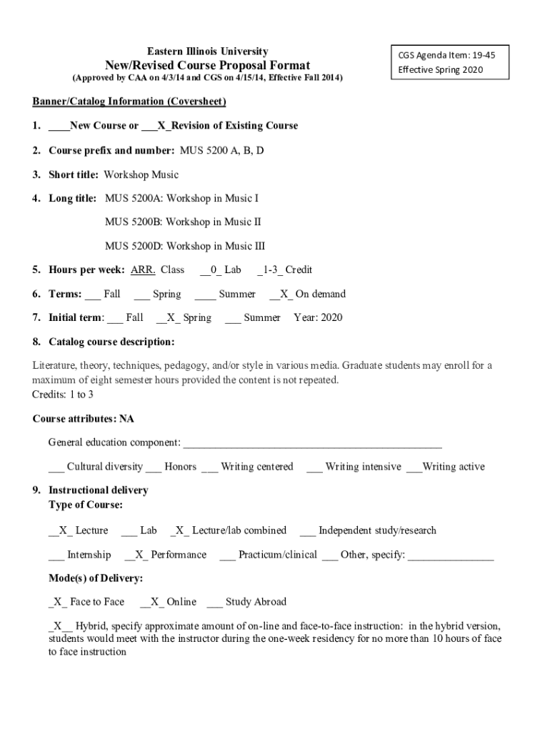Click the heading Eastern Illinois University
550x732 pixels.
click(x=207, y=51)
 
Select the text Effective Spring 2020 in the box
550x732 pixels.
click(x=441, y=69)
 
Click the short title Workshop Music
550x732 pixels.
click(x=141, y=174)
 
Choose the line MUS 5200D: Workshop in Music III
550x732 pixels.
click(x=184, y=246)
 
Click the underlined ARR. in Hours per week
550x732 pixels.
click(x=143, y=269)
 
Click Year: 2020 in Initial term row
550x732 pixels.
click(x=318, y=317)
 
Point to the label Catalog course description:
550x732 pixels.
click(x=111, y=342)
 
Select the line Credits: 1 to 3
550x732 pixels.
click(x=63, y=394)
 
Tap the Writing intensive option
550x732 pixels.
click(x=363, y=467)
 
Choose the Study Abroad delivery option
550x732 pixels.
click(x=255, y=602)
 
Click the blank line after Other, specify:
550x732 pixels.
click(x=450, y=555)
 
